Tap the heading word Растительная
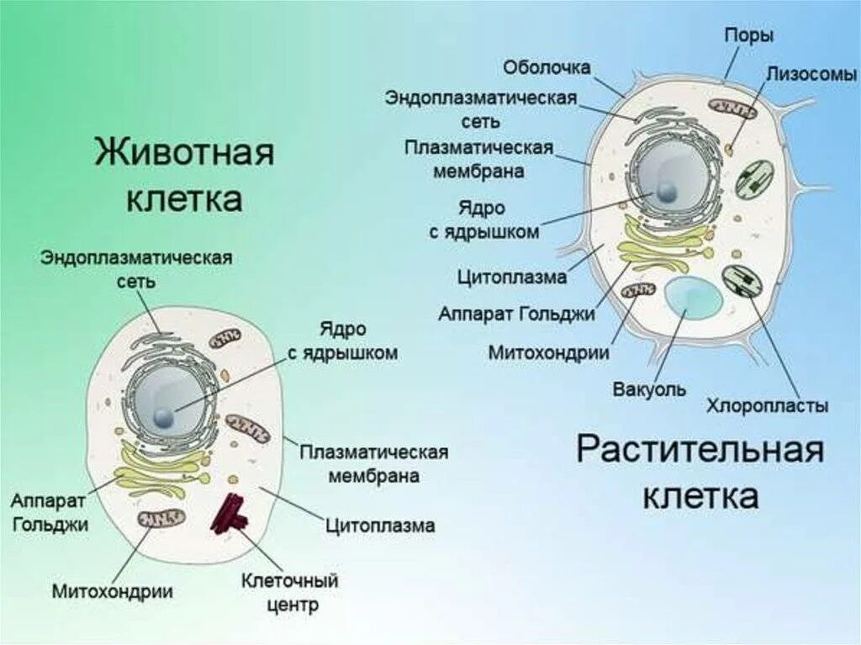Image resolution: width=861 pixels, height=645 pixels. pyautogui.click(x=699, y=451)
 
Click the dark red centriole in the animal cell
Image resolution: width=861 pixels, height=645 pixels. pyautogui.click(x=230, y=514)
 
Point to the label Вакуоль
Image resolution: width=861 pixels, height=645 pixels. pyautogui.click(x=649, y=389)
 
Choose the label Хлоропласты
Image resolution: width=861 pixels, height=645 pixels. pyautogui.click(x=767, y=406)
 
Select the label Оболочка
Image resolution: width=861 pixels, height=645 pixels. pyautogui.click(x=547, y=66)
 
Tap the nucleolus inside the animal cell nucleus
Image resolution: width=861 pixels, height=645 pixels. pyautogui.click(x=165, y=416)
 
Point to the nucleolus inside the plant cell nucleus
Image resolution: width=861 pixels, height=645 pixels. pyautogui.click(x=666, y=193)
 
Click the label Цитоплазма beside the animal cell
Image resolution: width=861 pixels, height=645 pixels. pyautogui.click(x=380, y=526)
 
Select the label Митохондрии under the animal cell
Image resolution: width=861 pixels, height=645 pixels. pyautogui.click(x=113, y=591)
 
